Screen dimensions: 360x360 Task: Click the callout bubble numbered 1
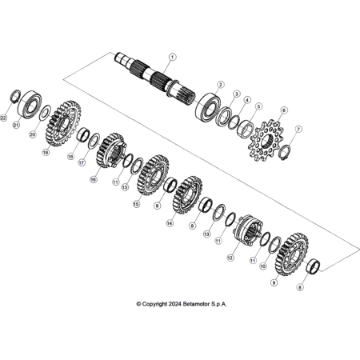point(172,57)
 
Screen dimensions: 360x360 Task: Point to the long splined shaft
point(155,78)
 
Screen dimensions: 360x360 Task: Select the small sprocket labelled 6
point(266,142)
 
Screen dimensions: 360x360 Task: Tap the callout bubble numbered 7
point(298,129)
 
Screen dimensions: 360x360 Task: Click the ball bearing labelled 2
point(208,106)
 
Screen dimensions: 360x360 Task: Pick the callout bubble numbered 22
point(4,118)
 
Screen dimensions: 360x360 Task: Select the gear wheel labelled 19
point(64,123)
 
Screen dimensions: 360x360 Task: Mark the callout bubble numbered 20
point(33,134)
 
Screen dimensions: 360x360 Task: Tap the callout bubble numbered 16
point(93,180)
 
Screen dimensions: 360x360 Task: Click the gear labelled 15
point(153,175)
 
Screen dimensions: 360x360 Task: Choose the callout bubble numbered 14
point(170,223)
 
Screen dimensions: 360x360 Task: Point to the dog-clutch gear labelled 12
point(248,230)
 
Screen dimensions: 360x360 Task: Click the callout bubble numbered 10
point(263,266)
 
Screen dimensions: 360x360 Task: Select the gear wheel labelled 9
point(291,254)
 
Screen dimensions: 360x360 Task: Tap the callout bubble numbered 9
point(274,283)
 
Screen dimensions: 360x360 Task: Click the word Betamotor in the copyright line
point(197,304)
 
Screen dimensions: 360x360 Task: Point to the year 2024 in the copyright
point(175,304)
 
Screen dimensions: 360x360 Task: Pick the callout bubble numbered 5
point(258,106)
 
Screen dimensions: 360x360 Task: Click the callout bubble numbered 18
point(70,157)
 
